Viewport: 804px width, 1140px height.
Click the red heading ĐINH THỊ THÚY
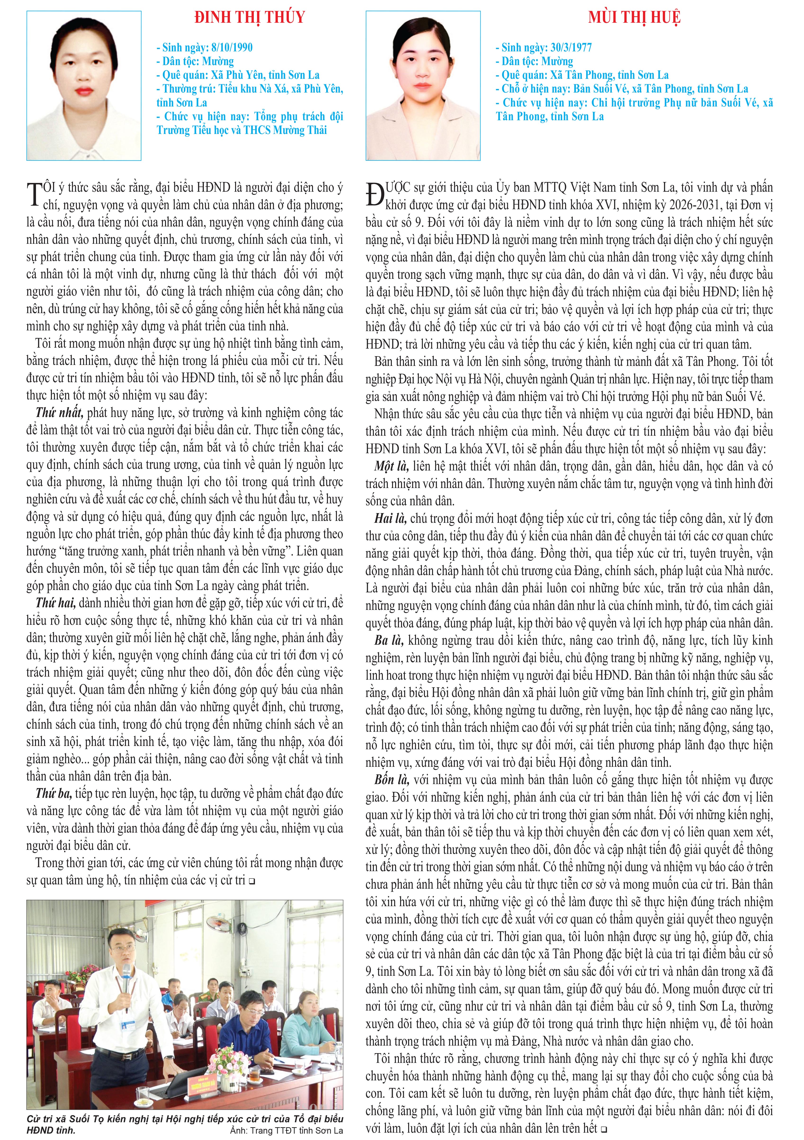(249, 17)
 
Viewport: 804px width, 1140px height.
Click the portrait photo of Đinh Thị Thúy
(84, 86)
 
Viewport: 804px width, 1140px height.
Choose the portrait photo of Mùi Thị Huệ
(423, 86)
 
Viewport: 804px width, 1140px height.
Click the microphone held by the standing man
(127, 975)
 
